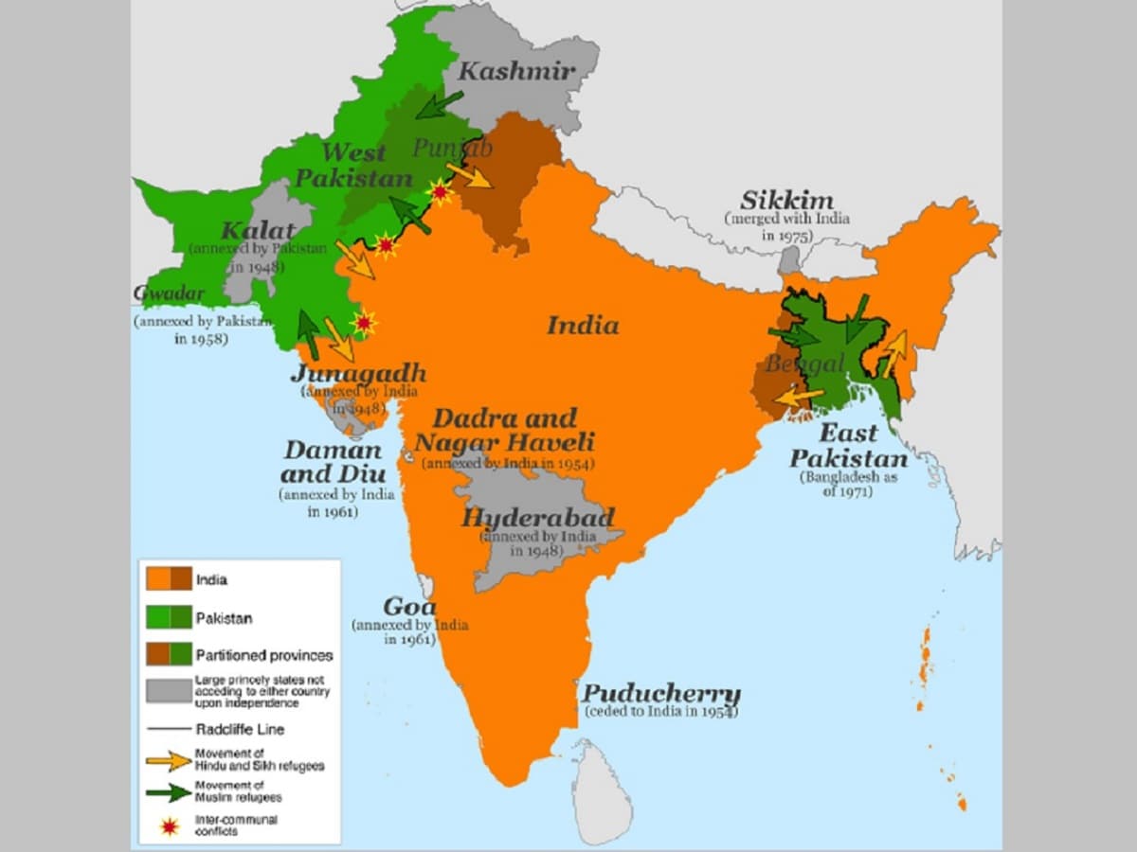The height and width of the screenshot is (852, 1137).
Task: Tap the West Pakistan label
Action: click(353, 165)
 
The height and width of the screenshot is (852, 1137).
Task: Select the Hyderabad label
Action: click(537, 518)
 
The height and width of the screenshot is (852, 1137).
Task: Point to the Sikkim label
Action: click(786, 200)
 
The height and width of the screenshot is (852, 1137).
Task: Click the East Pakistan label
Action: click(848, 446)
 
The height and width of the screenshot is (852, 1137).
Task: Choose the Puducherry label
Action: click(660, 693)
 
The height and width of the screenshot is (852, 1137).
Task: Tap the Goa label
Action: click(409, 607)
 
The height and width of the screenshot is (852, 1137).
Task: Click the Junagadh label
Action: click(358, 372)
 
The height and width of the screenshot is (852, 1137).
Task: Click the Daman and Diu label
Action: click(333, 461)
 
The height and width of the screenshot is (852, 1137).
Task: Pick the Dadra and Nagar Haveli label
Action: click(504, 430)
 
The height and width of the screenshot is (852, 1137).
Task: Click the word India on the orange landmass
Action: click(582, 326)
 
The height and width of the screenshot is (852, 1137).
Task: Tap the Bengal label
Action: click(804, 364)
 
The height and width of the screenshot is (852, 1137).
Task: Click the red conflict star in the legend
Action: click(169, 825)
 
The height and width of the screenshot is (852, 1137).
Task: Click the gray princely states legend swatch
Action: click(168, 691)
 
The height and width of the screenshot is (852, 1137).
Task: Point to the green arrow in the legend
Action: click(168, 792)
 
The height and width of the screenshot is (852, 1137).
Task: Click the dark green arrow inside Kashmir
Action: click(440, 104)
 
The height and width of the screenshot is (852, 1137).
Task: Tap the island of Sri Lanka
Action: click(602, 790)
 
